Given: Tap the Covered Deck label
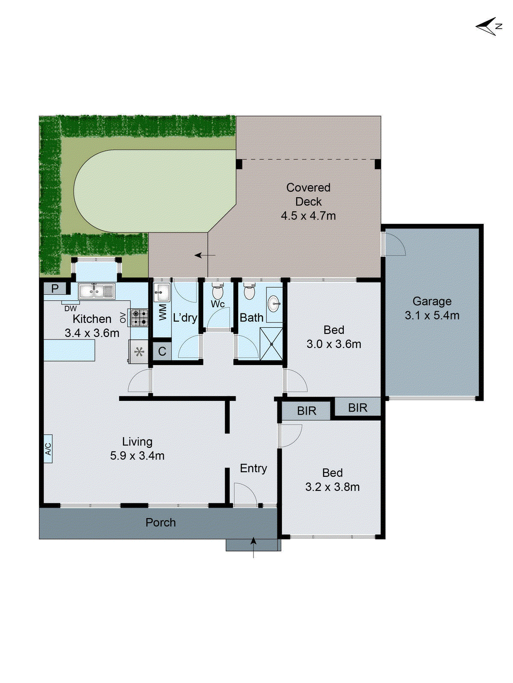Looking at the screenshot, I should pos(308,201).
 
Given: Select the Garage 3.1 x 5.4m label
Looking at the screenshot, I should pos(432,308).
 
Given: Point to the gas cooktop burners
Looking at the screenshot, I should pos(139,318).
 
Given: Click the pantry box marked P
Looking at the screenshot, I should pos(55,289).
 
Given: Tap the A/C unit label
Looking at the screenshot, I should pos(48,449).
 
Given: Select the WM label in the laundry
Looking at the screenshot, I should pos(162,312).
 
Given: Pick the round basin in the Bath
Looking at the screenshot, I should pos(274,304).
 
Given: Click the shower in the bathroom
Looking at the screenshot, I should pos(271,344).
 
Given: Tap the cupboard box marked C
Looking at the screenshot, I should pos(162,351).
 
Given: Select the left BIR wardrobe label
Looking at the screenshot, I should pos(307,411).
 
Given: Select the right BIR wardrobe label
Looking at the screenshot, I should pos(357,408).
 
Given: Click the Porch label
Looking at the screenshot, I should pos(160,522).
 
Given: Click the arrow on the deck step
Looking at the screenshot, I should pos(204,255).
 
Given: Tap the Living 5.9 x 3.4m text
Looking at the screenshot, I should pos(137,449).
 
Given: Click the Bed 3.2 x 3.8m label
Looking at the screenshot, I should pos(332,480).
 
